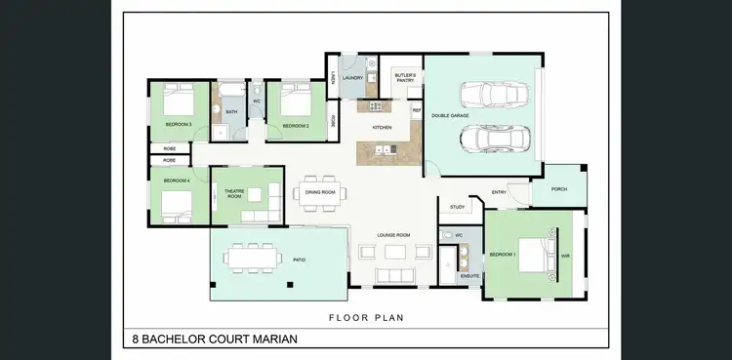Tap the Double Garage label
click(451, 116)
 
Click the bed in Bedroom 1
click(533, 256)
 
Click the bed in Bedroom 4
click(179, 204)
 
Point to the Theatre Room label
click(234, 194)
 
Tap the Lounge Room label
click(393, 235)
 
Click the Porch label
click(559, 189)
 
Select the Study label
click(457, 207)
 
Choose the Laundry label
click(353, 77)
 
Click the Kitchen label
click(382, 128)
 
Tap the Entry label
click(499, 192)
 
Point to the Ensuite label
click(469, 277)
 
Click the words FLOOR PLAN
click(366, 317)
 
